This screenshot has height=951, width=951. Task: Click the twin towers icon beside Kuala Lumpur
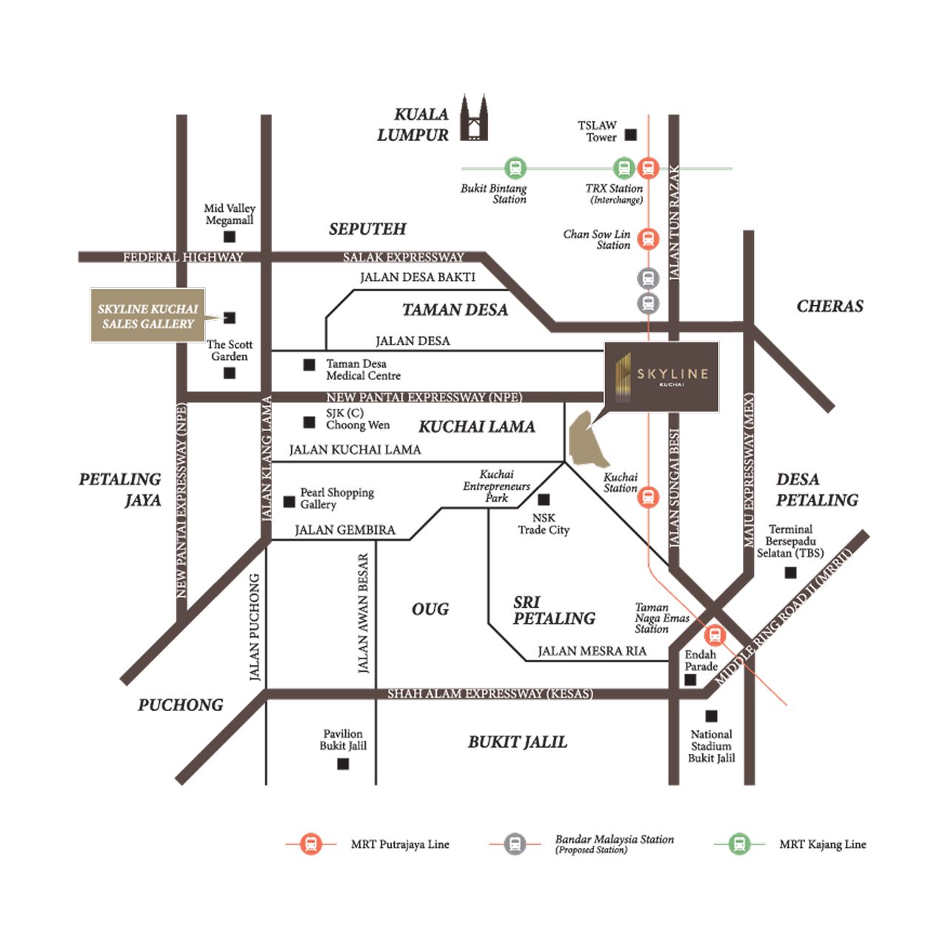pos(474,118)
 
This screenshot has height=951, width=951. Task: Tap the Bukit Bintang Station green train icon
pos(515,168)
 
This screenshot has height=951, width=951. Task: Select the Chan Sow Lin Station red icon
pos(648,238)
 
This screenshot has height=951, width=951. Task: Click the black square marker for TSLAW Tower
pos(630,134)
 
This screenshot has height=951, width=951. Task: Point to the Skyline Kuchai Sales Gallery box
pos(147,316)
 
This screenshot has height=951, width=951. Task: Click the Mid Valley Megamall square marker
pos(230,237)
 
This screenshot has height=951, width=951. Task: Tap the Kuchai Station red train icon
pos(648,497)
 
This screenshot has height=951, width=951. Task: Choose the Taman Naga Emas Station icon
pos(715,635)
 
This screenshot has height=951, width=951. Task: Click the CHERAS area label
pos(830,306)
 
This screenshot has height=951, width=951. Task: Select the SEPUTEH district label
pos(367,229)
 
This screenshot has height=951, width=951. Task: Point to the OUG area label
pos(430,609)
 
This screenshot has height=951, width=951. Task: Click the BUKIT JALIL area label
pos(517,742)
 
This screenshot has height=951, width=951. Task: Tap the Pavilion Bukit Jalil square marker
pos(343,764)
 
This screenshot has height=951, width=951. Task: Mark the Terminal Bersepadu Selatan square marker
pos(791,573)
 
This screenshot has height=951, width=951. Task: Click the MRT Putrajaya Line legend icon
pos(311,844)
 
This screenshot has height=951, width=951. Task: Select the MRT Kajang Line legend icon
pos(739,844)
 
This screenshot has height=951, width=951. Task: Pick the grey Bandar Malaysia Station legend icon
pos(515,844)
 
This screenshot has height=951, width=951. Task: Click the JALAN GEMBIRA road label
pos(345,530)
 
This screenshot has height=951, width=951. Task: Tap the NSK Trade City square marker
pos(544,500)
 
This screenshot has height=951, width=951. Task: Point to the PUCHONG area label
pos(181,705)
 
